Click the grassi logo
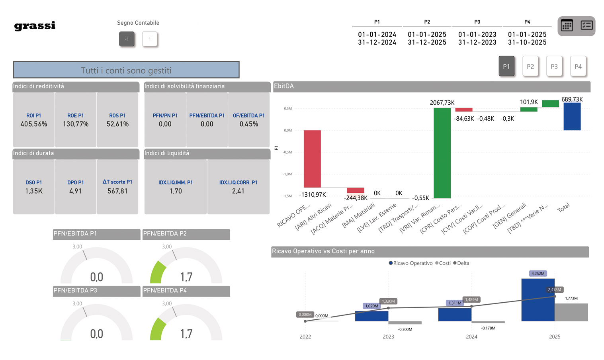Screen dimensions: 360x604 pyautogui.click(x=35, y=26)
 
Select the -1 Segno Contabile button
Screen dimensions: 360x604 pyautogui.click(x=127, y=39)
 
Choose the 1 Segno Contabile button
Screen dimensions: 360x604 pyautogui.click(x=150, y=39)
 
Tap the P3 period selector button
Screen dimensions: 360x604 pyautogui.click(x=554, y=67)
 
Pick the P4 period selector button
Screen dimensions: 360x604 pyautogui.click(x=578, y=67)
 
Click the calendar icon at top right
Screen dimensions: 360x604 pyautogui.click(x=567, y=26)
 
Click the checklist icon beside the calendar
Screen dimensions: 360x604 pyautogui.click(x=586, y=26)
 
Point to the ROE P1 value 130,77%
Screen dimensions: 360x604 pyautogui.click(x=76, y=124)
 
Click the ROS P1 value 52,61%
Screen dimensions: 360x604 pyautogui.click(x=117, y=124)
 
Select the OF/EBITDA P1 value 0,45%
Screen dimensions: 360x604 pyautogui.click(x=249, y=124)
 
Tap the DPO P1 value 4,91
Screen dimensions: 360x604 pyautogui.click(x=76, y=191)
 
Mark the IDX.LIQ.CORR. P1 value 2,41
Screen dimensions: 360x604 pyautogui.click(x=238, y=191)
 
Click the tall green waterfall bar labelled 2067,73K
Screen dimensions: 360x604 pyautogui.click(x=442, y=153)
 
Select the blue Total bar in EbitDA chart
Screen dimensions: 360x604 pyautogui.click(x=572, y=116)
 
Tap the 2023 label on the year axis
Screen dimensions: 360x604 pyautogui.click(x=388, y=337)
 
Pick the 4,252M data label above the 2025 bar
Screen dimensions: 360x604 pyautogui.click(x=538, y=274)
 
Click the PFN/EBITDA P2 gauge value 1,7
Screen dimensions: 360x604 pyautogui.click(x=186, y=277)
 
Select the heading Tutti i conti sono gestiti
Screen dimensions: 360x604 pyautogui.click(x=126, y=70)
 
